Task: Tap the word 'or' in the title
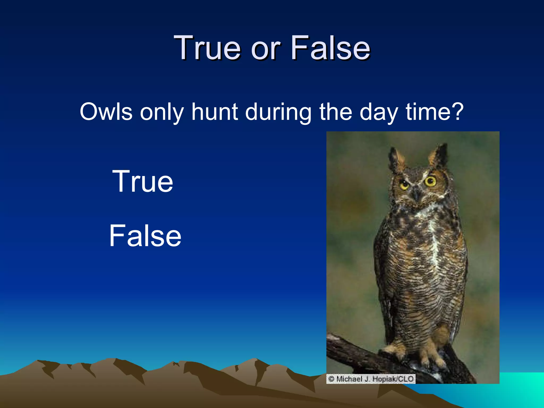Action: click(x=266, y=49)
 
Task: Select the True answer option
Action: click(x=143, y=181)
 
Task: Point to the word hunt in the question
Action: click(x=215, y=112)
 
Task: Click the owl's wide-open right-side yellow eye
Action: click(x=430, y=181)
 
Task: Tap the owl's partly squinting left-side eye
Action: click(x=405, y=184)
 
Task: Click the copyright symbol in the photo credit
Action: click(x=331, y=379)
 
